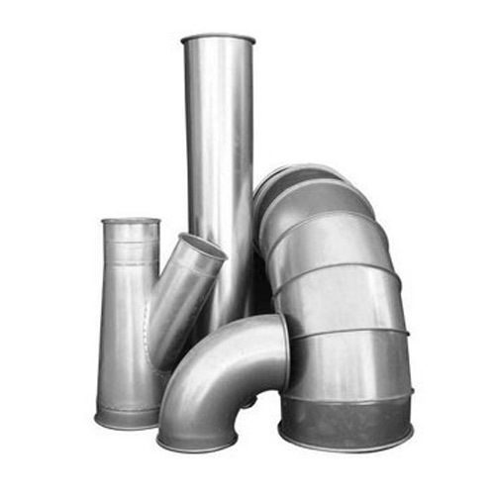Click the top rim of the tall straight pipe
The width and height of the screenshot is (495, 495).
pos(217,39)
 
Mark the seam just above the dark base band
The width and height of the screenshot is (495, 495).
pos(346,397)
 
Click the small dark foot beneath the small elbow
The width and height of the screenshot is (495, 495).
pos(247,402)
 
